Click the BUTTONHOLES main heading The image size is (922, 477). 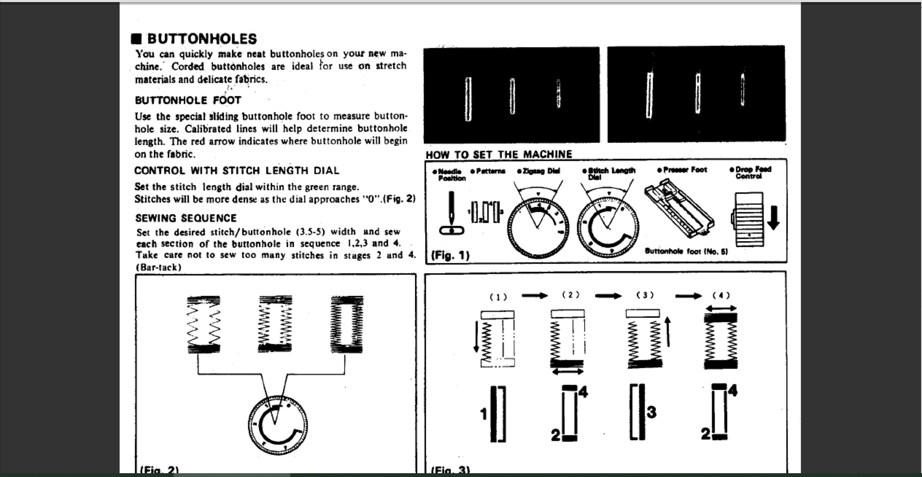(x=202, y=39)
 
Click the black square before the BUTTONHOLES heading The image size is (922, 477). (x=136, y=39)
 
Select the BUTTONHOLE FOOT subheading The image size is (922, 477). (x=188, y=100)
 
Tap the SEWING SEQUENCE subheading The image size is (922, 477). (x=186, y=218)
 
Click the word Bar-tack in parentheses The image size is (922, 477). (x=159, y=268)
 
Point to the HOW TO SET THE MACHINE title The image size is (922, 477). (x=498, y=154)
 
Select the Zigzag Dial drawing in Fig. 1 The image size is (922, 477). (x=538, y=228)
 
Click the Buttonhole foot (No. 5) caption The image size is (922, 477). (x=686, y=251)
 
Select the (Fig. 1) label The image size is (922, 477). (x=450, y=255)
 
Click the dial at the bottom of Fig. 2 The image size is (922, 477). (x=278, y=425)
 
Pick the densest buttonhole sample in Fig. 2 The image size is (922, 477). (x=346, y=324)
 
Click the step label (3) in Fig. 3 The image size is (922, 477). (x=645, y=295)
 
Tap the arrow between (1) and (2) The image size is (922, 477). (x=534, y=295)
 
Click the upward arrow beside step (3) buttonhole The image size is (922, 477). (x=668, y=332)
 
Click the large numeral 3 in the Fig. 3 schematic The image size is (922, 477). (x=652, y=412)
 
